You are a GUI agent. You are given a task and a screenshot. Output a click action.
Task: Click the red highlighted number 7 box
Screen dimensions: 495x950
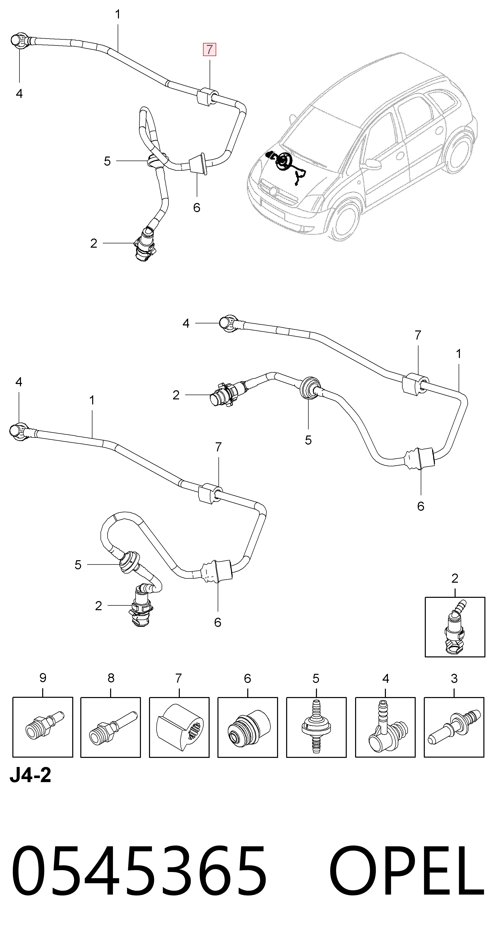[x=210, y=49]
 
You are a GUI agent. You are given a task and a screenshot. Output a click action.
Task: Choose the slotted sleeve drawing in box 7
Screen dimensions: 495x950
[x=179, y=728]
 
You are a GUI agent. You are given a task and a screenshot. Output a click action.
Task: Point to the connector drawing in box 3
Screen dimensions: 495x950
[x=454, y=728]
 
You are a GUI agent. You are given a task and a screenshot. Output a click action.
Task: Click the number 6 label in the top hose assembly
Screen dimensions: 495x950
[x=196, y=208]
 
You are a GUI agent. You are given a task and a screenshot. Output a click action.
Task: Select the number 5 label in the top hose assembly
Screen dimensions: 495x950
[x=107, y=161]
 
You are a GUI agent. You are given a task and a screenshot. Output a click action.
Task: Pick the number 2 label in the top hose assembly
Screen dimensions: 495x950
[x=94, y=243]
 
